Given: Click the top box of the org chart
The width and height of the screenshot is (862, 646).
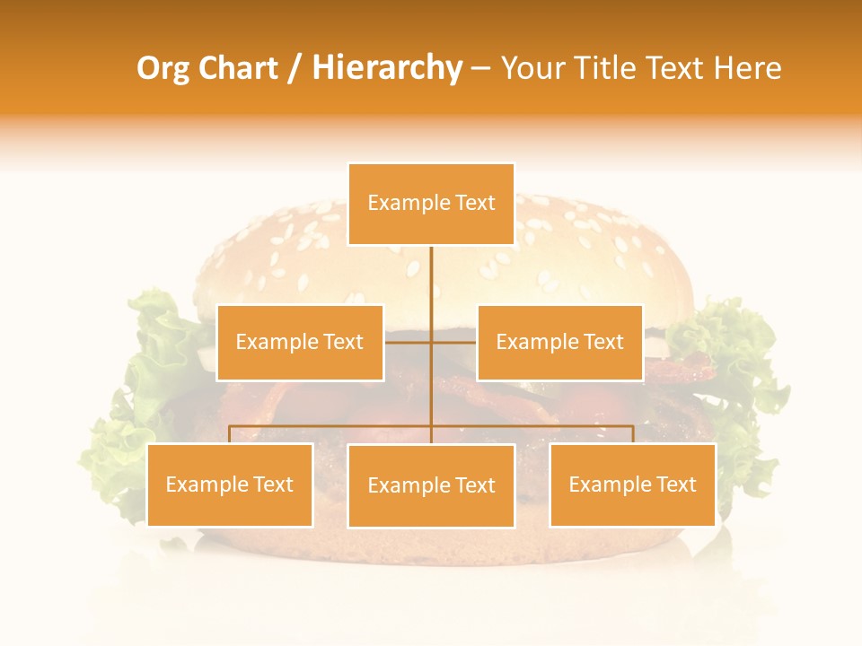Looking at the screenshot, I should click(x=431, y=204).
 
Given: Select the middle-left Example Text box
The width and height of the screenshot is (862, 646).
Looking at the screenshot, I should click(x=300, y=342).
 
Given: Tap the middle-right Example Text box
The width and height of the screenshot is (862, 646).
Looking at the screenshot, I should click(x=559, y=342).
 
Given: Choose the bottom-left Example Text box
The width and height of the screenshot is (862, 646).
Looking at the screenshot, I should click(x=230, y=484).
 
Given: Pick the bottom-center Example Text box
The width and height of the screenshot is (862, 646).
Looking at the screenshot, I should click(x=431, y=485).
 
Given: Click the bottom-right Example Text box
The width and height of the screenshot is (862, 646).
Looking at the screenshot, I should click(x=632, y=484).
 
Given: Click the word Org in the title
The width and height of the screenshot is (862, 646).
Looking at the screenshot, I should click(x=163, y=68).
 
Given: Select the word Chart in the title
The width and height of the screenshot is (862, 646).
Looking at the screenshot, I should click(x=240, y=68).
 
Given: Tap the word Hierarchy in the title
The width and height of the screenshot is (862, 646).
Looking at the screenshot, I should click(x=386, y=68).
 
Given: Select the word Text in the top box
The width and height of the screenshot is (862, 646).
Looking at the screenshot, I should click(x=475, y=203).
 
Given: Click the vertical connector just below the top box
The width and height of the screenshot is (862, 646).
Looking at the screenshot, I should click(x=431, y=278).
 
